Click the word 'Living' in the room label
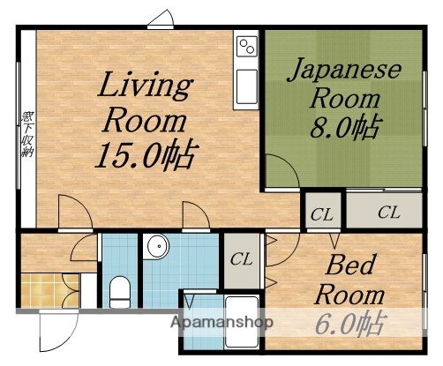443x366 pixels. coord(145,87)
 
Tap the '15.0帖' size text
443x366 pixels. coord(145,155)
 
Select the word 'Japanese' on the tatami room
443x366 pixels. coord(344,70)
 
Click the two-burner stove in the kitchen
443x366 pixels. coord(245,44)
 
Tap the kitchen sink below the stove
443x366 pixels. coord(245,86)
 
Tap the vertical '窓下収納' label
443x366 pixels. coord(26,132)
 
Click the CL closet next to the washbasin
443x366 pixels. coord(240,259)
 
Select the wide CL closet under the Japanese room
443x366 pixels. coord(387,212)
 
